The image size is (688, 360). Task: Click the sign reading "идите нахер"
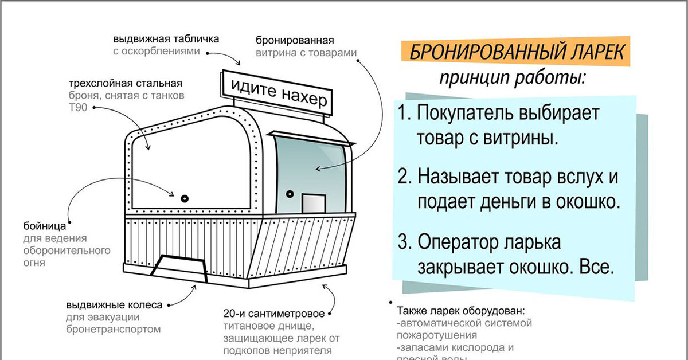(x=273, y=93)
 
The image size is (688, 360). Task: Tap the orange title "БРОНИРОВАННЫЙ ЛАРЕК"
(x=515, y=53)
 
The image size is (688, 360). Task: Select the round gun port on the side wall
(x=185, y=198)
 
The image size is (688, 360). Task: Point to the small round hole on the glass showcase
(x=290, y=193)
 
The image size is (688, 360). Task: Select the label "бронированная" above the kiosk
(x=295, y=41)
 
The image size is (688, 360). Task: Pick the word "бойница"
(x=40, y=225)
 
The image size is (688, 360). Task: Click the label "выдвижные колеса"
(x=114, y=304)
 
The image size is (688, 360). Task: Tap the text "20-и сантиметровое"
(x=269, y=314)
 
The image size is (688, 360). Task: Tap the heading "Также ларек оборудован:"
(x=460, y=311)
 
